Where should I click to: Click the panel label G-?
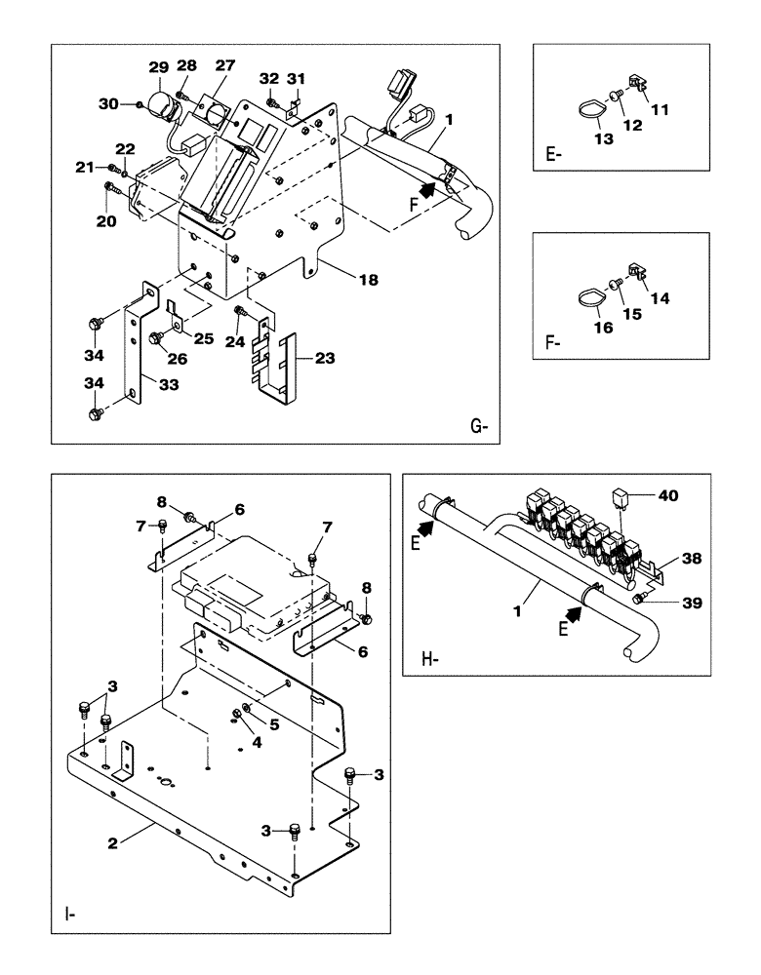coord(478,425)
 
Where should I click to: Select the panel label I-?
coord(69,914)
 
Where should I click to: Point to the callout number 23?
coord(325,358)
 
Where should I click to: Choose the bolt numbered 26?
coord(155,337)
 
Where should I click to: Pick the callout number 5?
coord(272,724)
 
